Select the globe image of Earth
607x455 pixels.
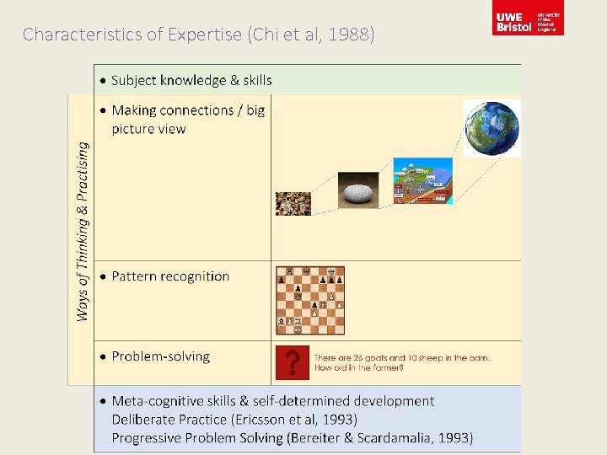point(492,128)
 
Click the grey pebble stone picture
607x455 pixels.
point(358,190)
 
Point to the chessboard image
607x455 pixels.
point(310,300)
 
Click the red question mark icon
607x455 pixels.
point(292,363)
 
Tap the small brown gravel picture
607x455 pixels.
point(293,203)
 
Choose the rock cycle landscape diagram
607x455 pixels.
point(422,181)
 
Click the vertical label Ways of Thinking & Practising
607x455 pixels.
point(82,231)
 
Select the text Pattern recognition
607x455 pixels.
point(170,276)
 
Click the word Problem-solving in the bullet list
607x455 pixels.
point(160,356)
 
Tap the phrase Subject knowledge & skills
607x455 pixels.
point(191,81)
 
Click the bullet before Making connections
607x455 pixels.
point(103,110)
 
